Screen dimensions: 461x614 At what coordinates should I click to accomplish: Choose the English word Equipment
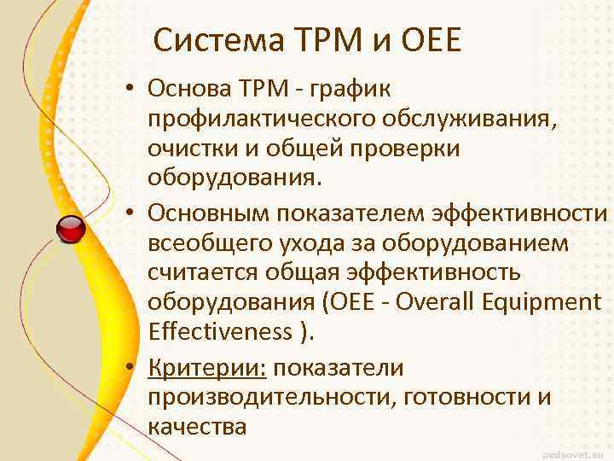point(552,303)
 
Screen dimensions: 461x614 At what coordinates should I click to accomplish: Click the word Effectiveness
point(220,333)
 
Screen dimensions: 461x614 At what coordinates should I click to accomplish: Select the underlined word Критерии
point(207,367)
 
